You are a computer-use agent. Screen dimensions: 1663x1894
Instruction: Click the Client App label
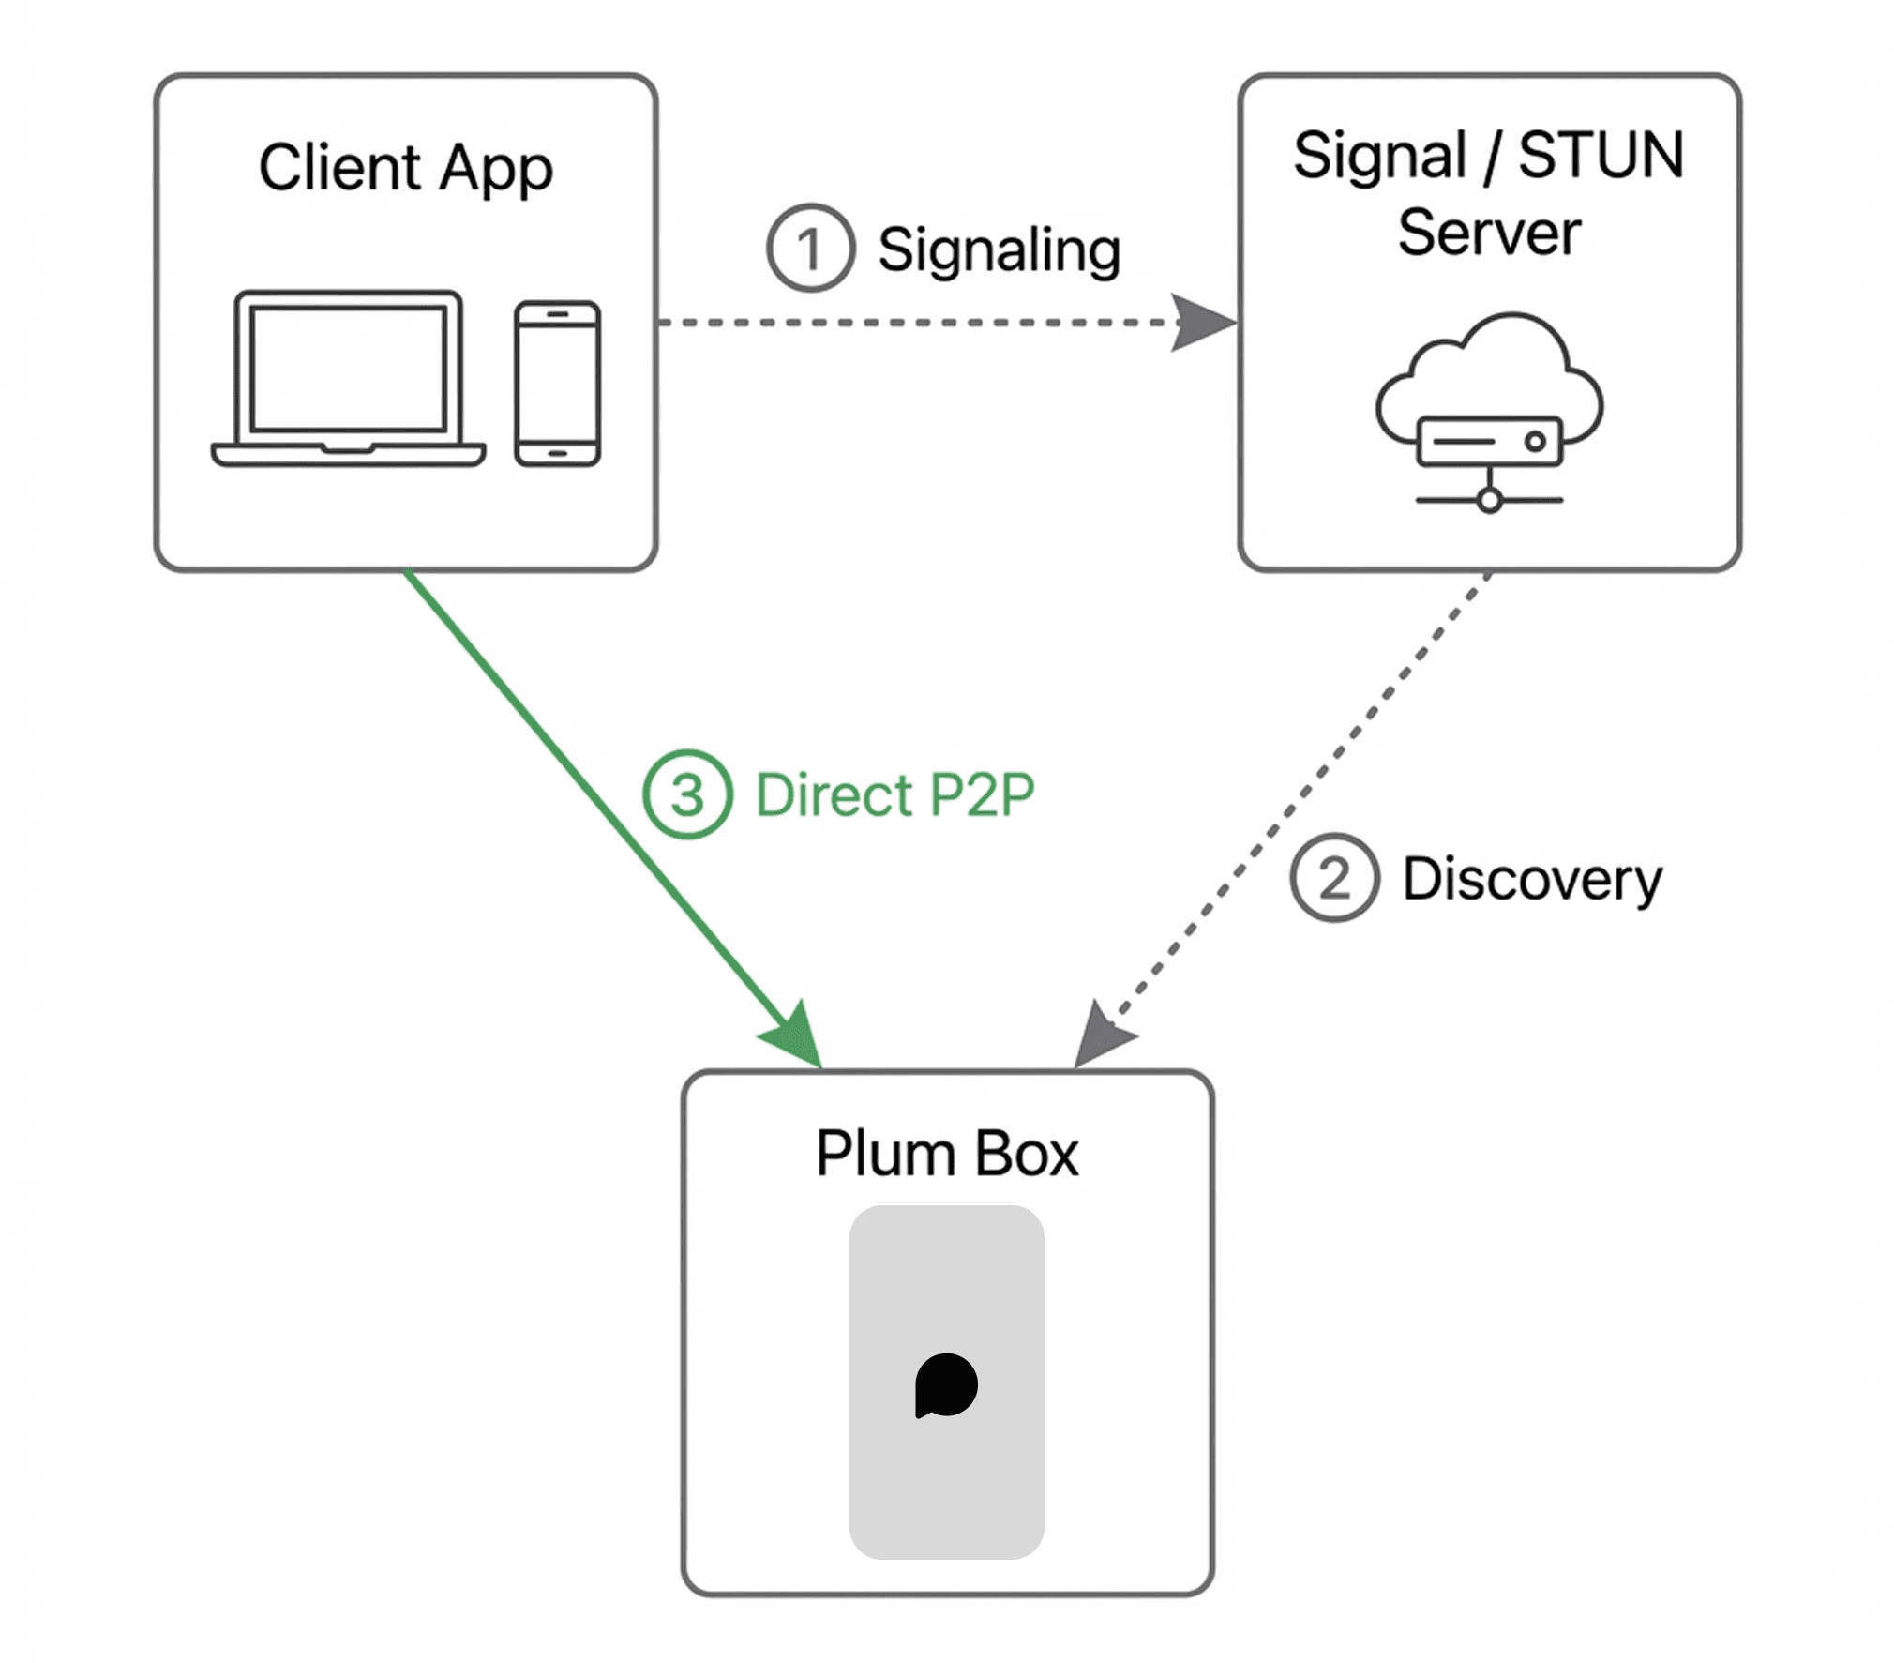click(x=405, y=168)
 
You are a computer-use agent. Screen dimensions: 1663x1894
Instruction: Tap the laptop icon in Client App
click(x=348, y=378)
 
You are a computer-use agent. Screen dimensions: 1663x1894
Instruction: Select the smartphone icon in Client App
click(x=557, y=384)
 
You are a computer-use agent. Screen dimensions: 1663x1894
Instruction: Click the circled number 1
click(x=810, y=249)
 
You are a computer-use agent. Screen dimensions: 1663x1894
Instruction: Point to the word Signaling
click(x=999, y=250)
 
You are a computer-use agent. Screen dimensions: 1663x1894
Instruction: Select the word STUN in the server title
click(x=1601, y=155)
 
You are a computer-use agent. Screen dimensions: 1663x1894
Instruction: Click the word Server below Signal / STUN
click(x=1489, y=233)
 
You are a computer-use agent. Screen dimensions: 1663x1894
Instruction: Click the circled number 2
click(x=1334, y=878)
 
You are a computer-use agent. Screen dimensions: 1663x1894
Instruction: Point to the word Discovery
click(x=1532, y=880)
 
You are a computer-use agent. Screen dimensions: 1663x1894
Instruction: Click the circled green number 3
click(x=686, y=794)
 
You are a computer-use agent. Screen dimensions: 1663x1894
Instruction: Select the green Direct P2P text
click(x=894, y=795)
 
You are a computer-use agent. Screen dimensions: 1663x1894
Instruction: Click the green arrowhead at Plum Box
click(x=795, y=1037)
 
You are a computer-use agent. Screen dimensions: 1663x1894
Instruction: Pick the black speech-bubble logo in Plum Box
click(x=946, y=1385)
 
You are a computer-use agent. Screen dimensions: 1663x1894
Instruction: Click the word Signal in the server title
click(x=1379, y=156)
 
